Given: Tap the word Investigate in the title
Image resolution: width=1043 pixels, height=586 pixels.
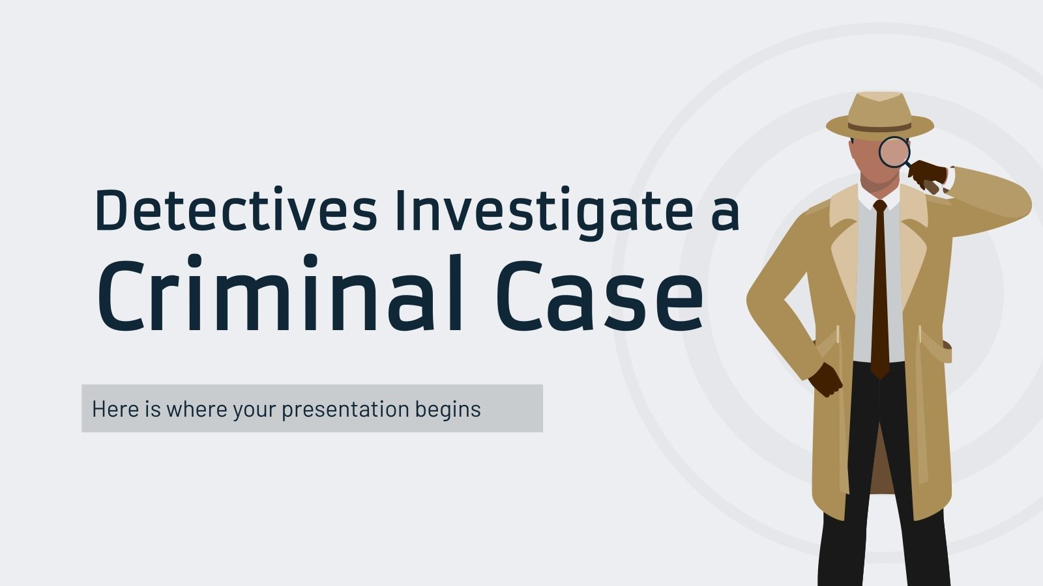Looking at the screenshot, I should (544, 212).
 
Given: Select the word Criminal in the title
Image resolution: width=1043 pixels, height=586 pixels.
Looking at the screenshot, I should (280, 296).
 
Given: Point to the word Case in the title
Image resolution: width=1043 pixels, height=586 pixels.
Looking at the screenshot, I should (600, 296).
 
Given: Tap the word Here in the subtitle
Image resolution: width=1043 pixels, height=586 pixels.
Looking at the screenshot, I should (115, 409).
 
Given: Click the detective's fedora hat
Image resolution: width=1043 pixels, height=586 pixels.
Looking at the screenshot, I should (880, 114).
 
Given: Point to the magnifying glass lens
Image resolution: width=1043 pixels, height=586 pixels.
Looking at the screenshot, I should (894, 152).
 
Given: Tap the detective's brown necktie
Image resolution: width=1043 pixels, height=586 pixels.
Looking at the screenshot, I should (880, 293).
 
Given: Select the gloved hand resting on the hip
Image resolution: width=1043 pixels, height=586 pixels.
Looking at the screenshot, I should (825, 379).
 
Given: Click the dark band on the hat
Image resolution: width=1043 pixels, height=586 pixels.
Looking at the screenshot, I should (880, 127).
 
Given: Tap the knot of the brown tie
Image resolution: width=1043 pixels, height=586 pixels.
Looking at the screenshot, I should (880, 207).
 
